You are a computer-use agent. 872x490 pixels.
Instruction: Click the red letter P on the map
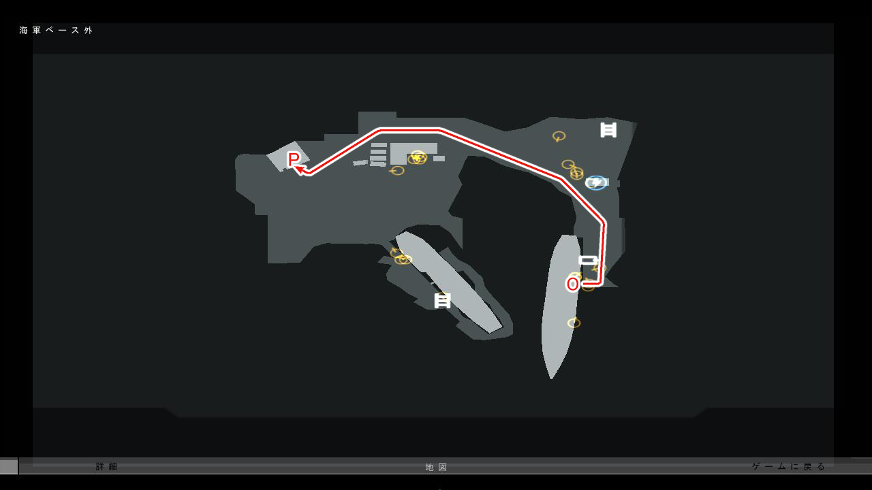coord(294,159)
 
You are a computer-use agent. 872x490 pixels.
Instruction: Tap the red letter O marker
coord(573,284)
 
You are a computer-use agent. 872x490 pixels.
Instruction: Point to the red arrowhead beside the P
coord(300,169)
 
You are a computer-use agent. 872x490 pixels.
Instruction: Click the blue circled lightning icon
coord(596,182)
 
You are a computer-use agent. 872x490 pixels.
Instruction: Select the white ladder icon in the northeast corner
coord(608,129)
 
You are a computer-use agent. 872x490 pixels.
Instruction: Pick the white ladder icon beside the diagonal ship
coord(443,300)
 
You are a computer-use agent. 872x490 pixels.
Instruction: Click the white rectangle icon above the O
coord(588,260)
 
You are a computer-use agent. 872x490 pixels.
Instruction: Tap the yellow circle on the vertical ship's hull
coord(574,323)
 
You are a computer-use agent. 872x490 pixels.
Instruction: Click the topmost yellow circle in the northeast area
coord(559,136)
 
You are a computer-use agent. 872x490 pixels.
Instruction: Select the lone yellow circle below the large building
coord(398,171)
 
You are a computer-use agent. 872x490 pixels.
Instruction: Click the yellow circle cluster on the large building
coord(418,158)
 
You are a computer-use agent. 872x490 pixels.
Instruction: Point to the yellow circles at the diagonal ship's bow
coord(401,257)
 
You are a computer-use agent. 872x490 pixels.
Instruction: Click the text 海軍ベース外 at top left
coord(56,31)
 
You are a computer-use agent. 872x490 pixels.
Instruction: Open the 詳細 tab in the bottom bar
coord(107,467)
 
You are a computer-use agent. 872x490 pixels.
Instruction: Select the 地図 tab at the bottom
coord(437,468)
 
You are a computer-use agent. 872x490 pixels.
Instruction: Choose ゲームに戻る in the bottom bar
coord(789,467)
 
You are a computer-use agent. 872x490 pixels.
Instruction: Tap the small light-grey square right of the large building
coord(439,159)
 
